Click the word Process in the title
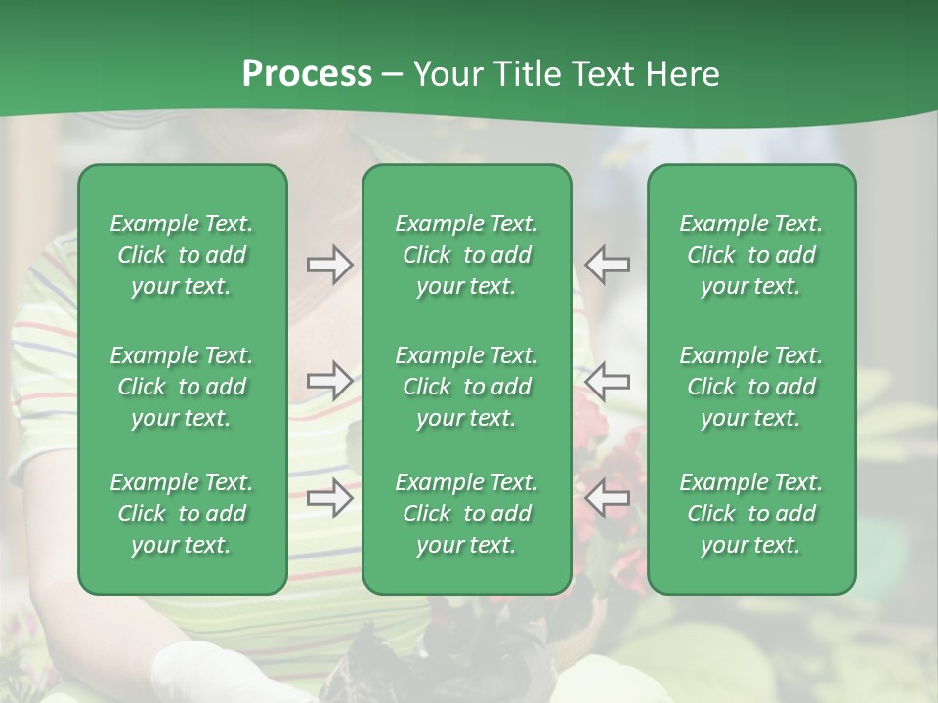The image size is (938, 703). point(307,74)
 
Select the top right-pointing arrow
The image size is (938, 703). point(329,265)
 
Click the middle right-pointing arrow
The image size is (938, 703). point(329,380)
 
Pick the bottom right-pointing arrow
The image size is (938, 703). point(329,498)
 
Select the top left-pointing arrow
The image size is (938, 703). point(608,265)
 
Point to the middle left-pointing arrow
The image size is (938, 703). point(608,380)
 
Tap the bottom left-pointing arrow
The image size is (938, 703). point(608,498)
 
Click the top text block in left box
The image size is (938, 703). point(182,255)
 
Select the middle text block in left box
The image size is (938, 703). point(182,387)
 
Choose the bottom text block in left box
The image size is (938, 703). point(182,514)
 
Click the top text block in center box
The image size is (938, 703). point(467,255)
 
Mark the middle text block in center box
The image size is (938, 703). point(467,387)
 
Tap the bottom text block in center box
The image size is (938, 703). point(467,514)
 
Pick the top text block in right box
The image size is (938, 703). point(751,255)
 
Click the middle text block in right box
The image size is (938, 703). point(751,387)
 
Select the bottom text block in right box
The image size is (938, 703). point(751,514)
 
